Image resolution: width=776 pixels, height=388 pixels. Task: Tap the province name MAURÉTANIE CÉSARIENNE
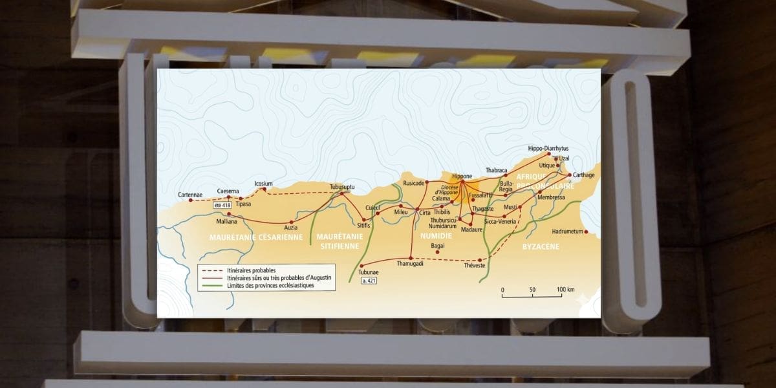click(x=256, y=237)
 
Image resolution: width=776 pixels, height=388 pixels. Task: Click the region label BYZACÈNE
click(x=541, y=246)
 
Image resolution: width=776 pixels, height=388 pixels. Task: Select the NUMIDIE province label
click(x=435, y=236)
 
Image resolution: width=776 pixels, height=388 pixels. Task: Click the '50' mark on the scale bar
click(x=532, y=289)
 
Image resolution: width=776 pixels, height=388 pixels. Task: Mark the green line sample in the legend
click(x=209, y=285)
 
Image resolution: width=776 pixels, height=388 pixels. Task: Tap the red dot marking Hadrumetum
click(x=585, y=231)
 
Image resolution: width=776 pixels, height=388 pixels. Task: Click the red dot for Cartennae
click(x=190, y=200)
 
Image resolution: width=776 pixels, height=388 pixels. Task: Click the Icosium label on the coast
click(x=264, y=183)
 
